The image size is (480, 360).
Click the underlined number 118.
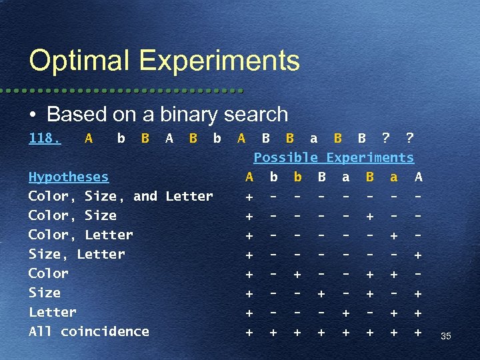[45, 139]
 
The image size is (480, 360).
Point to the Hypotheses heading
[69, 177]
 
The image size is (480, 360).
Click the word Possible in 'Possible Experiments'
[286, 158]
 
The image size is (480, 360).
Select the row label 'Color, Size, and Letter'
[121, 196]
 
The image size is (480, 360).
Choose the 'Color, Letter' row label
[81, 235]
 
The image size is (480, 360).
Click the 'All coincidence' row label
[89, 331]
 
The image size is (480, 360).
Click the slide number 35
[446, 337]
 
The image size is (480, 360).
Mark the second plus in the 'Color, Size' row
[370, 216]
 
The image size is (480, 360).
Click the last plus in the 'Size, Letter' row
[418, 255]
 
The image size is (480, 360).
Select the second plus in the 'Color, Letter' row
[394, 235]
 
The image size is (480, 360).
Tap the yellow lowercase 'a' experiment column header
[394, 177]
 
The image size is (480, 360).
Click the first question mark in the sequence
[386, 139]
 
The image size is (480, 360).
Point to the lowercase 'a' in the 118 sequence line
[313, 139]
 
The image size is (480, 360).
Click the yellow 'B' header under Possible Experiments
[370, 177]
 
